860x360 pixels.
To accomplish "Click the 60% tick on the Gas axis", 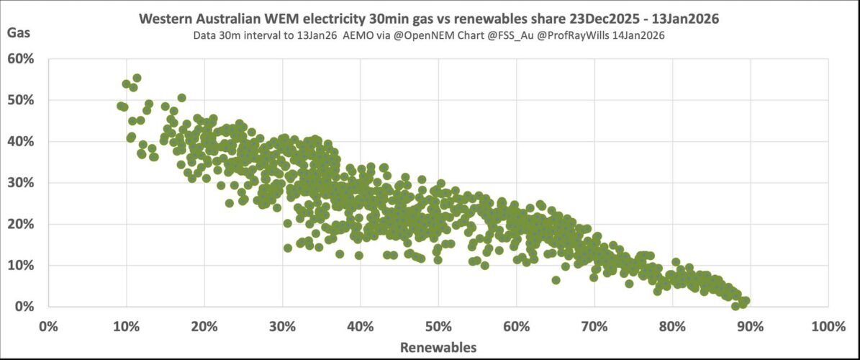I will [x=22, y=58].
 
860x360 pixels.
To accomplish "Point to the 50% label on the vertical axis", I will [x=22, y=99].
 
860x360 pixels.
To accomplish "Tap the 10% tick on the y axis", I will [x=22, y=265].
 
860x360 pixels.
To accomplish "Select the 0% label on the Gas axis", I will [x=24, y=307].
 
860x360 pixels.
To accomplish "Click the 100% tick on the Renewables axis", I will [x=827, y=326].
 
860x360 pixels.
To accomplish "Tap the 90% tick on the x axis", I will [x=749, y=326].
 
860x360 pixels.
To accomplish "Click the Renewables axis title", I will [x=438, y=347].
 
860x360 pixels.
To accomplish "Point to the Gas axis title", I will [x=19, y=33].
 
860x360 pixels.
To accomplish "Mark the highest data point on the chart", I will [x=137, y=78].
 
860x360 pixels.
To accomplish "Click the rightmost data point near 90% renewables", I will [x=746, y=301].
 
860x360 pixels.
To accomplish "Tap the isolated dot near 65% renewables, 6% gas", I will [x=556, y=280].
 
